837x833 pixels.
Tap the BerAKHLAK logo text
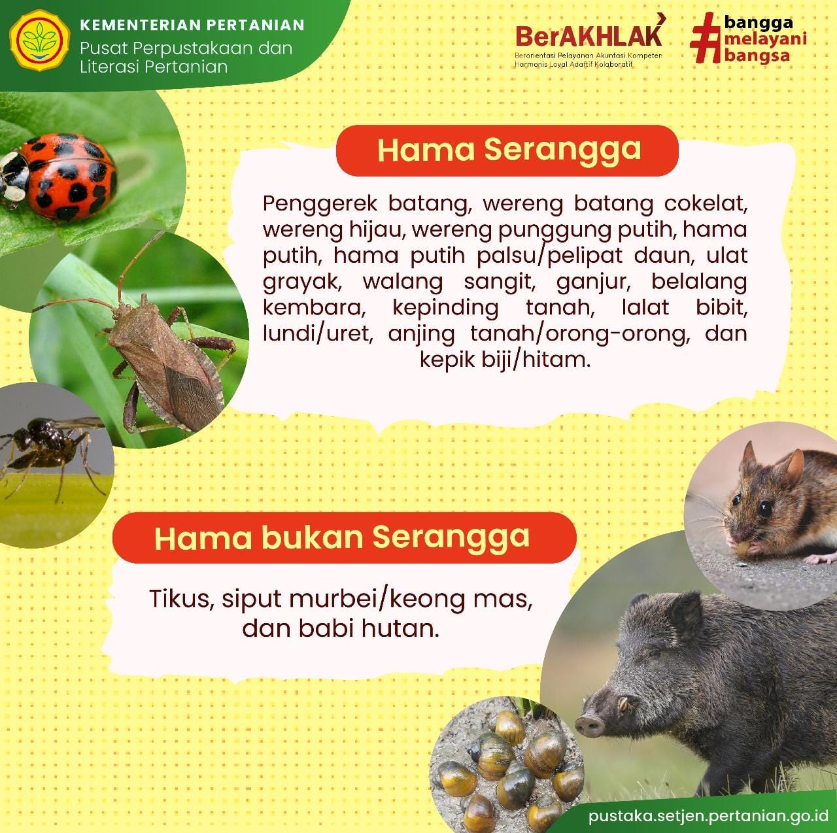(589, 37)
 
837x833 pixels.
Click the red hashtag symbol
(704, 38)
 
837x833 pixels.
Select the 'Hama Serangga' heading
(509, 150)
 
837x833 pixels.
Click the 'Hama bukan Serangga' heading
(342, 537)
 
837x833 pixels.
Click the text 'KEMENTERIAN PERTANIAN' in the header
(192, 25)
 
